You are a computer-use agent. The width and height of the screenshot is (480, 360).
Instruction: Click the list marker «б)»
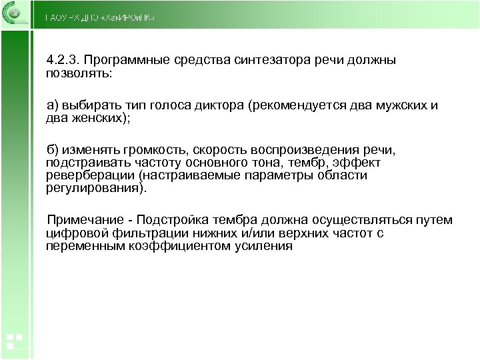point(53,150)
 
